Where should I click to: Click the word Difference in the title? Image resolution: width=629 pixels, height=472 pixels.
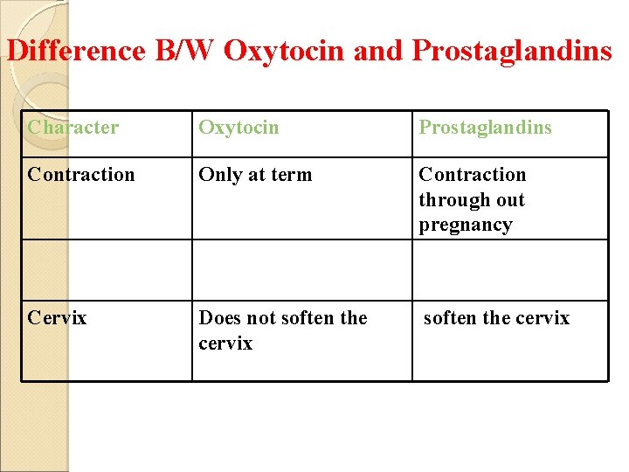[x=75, y=51]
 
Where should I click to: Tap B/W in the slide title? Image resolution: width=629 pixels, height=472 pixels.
[x=185, y=51]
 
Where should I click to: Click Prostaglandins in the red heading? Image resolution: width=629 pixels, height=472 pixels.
[x=511, y=51]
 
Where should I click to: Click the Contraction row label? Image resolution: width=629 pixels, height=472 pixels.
[x=81, y=175]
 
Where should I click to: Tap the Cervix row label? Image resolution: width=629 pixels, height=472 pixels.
[x=57, y=318]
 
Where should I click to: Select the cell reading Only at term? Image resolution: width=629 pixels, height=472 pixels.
[x=255, y=175]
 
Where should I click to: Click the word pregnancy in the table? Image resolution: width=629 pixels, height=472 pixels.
[x=465, y=225]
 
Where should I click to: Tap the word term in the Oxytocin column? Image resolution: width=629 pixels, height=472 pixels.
[x=292, y=175]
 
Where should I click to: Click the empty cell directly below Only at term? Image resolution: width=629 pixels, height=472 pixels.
[x=301, y=270]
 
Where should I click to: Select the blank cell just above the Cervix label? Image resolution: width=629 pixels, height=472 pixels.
[x=106, y=270]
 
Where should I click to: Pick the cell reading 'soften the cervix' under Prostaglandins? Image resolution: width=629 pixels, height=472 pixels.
[x=496, y=318]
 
